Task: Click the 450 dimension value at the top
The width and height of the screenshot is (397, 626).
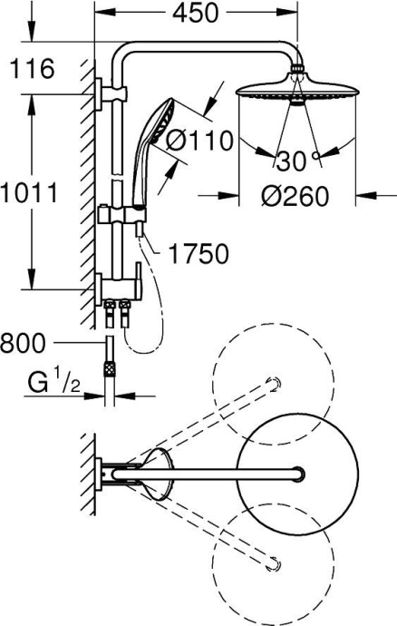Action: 198,14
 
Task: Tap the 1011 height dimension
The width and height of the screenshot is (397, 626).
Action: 31,192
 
